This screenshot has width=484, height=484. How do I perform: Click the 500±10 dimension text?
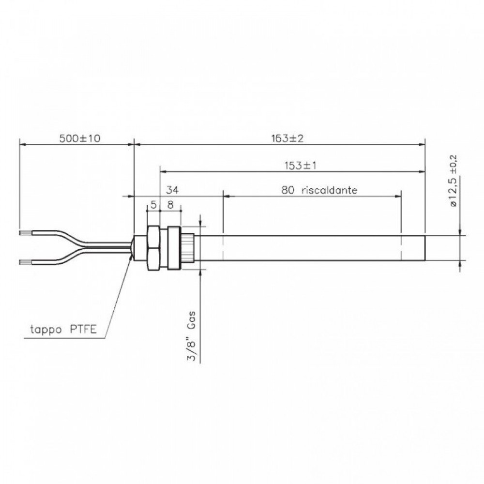tap(79, 138)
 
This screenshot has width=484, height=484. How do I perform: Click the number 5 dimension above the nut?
tap(153, 204)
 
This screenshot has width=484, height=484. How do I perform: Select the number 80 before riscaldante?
tap(288, 190)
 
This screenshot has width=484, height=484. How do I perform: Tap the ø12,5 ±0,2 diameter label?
tap(454, 182)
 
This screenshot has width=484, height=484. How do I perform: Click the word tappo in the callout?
tap(45, 331)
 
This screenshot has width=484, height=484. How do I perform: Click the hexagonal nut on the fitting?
tap(152, 248)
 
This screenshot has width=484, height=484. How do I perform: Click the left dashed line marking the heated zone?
tap(223, 248)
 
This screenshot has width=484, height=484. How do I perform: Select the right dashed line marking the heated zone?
tap(401, 248)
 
